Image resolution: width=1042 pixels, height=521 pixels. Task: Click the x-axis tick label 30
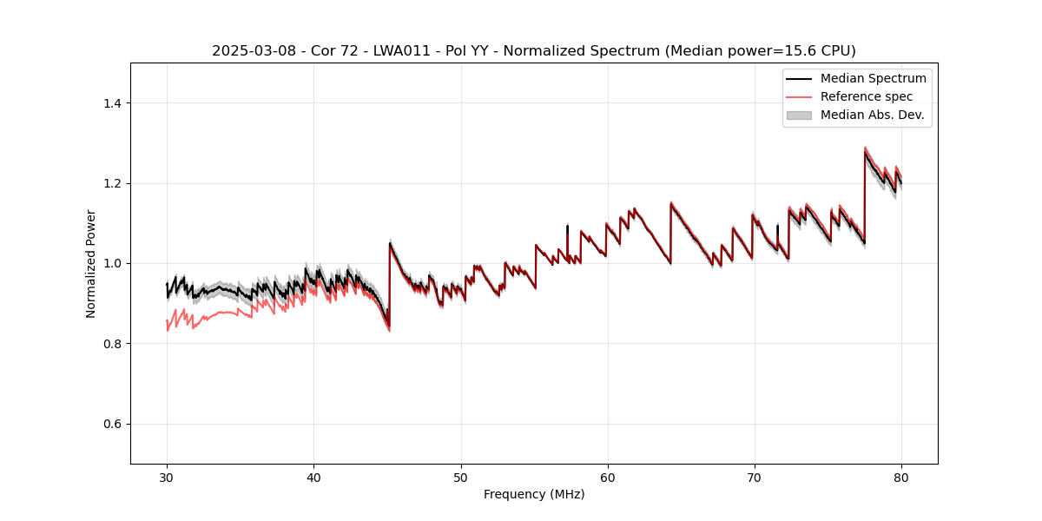tap(167, 477)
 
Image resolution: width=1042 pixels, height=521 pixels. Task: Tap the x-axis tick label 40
tap(313, 477)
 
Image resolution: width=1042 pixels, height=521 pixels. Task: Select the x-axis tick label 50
tap(461, 477)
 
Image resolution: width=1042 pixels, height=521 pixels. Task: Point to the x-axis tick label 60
tap(608, 477)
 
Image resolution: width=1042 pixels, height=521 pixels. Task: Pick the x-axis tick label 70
tap(755, 477)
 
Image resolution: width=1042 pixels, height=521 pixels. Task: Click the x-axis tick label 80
tap(901, 477)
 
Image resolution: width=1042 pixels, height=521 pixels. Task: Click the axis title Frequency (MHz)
tap(534, 494)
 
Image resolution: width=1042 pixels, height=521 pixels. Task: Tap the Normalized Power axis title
tap(91, 263)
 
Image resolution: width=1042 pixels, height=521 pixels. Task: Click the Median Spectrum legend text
tap(873, 78)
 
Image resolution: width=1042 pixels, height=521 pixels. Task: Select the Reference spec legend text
tap(867, 96)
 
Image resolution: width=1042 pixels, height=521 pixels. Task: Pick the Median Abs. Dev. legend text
tap(872, 115)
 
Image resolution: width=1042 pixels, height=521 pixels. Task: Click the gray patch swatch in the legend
tap(799, 115)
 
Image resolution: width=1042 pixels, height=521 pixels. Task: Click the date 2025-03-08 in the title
tap(247, 51)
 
